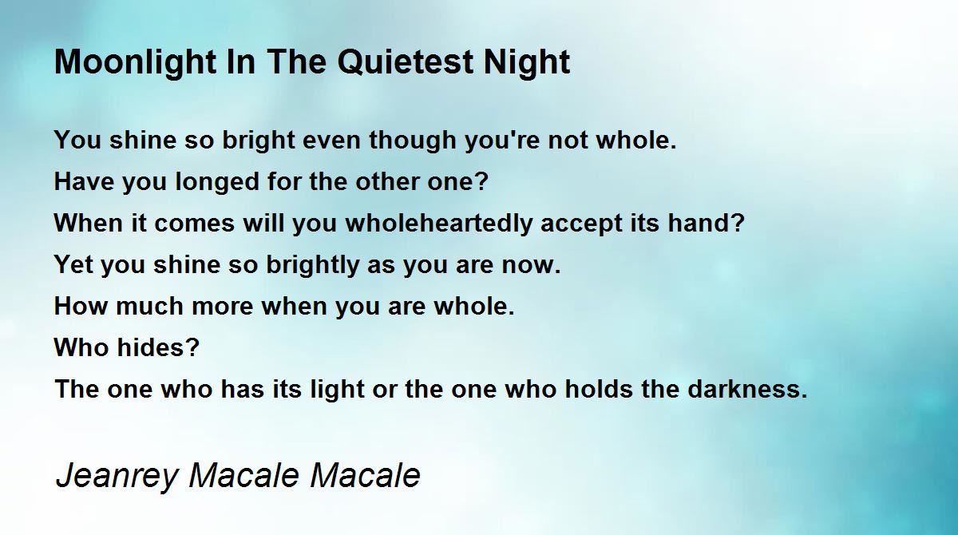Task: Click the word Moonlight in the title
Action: click(x=136, y=62)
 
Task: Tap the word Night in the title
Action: click(x=527, y=62)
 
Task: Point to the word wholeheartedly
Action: click(x=439, y=224)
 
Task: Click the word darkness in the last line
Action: click(x=747, y=389)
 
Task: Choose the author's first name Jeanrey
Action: click(x=117, y=476)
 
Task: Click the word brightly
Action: click(x=313, y=265)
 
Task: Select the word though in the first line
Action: click(x=413, y=141)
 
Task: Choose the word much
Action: click(x=150, y=306)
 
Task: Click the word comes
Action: click(x=195, y=224)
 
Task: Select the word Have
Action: click(x=85, y=181)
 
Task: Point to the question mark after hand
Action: click(x=738, y=223)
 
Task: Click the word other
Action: click(x=387, y=181)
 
